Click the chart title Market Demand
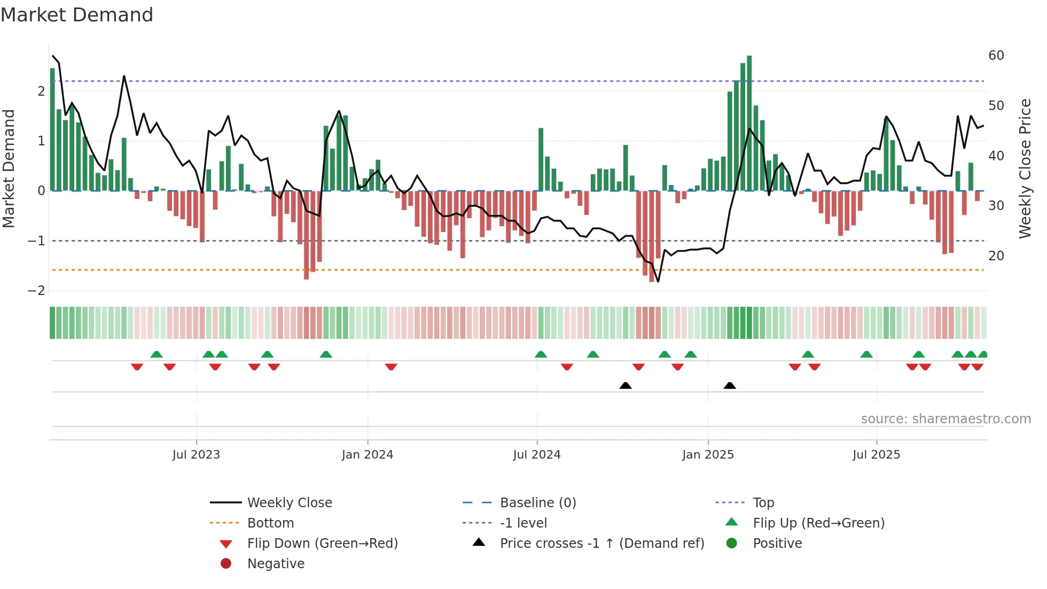pos(77,15)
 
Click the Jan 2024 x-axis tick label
pos(367,455)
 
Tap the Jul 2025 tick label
pos(876,455)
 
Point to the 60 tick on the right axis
pos(996,56)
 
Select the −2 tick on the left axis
pos(36,291)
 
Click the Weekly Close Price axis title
pos(1025,168)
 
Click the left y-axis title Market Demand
pos(9,168)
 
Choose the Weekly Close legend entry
pos(289,503)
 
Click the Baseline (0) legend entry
pos(537,503)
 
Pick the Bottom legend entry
pos(270,523)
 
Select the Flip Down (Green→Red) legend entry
pos(322,544)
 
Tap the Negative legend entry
pos(276,564)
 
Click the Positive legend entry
pos(777,544)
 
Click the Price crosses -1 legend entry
pos(601,544)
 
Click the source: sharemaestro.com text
pos(946,419)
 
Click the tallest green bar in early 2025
pos(749,123)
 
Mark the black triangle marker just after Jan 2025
pos(730,385)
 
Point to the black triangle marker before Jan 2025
pos(626,385)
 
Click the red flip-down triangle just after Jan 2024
pos(391,367)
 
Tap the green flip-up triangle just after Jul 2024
pos(541,354)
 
